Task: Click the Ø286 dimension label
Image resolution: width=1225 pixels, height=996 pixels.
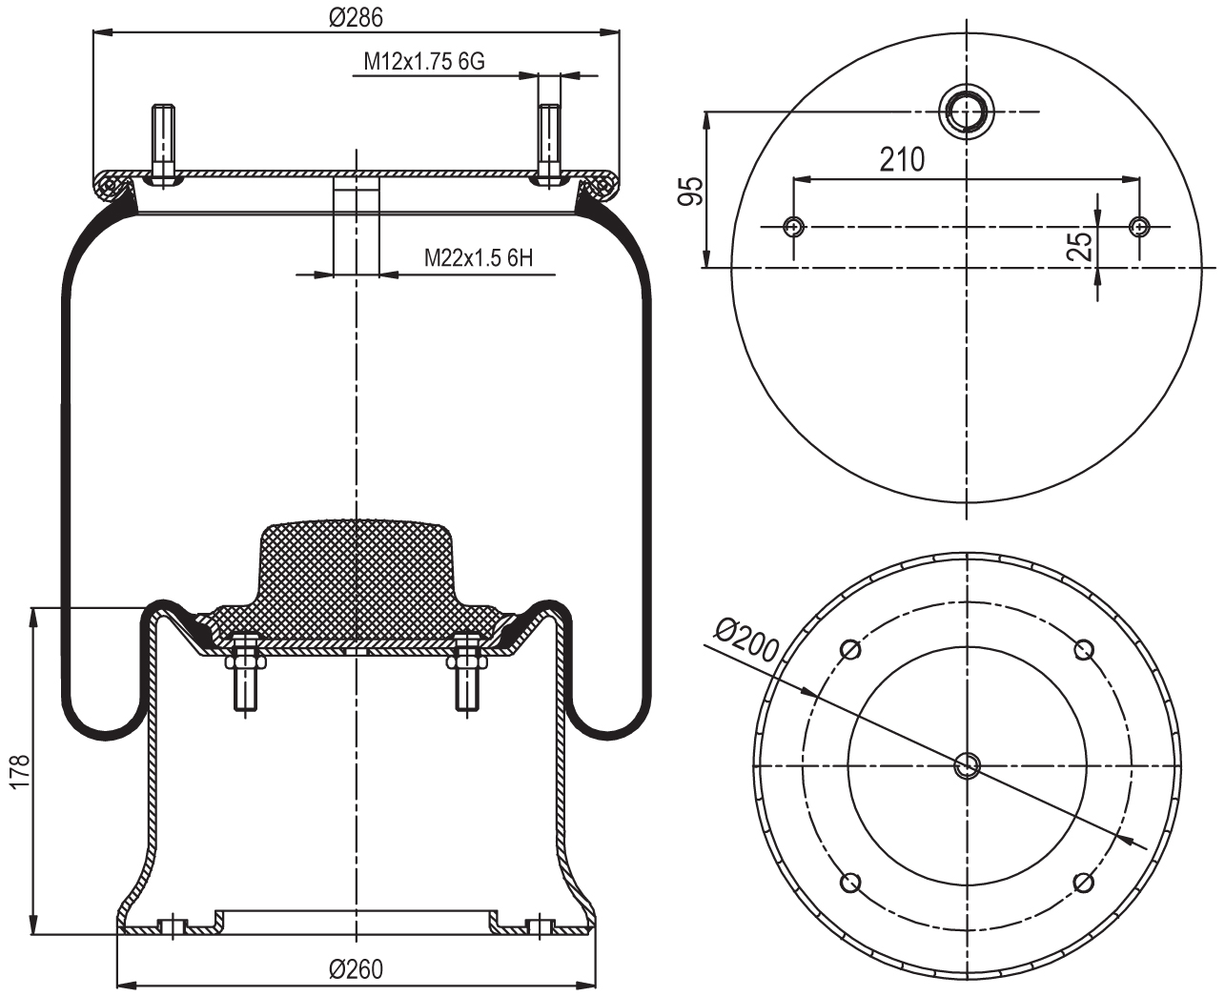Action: (356, 17)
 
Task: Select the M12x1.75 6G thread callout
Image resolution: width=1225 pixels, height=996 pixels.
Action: (424, 62)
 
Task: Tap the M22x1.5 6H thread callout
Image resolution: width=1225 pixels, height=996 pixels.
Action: (478, 257)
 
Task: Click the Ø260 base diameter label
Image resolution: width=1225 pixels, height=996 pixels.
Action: (356, 969)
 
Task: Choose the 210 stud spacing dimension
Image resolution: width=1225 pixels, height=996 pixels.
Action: (902, 159)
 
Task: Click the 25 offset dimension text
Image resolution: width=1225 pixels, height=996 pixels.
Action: (1080, 246)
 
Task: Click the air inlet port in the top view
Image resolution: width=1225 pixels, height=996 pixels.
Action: (967, 112)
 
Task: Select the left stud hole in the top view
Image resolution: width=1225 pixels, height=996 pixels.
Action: (793, 227)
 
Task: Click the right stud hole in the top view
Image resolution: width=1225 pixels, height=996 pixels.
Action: (1139, 227)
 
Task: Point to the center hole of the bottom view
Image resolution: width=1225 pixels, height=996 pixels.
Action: (967, 763)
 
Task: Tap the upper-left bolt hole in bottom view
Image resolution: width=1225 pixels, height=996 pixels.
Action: (850, 650)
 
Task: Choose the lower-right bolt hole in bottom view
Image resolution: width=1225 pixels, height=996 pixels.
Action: (1083, 882)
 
